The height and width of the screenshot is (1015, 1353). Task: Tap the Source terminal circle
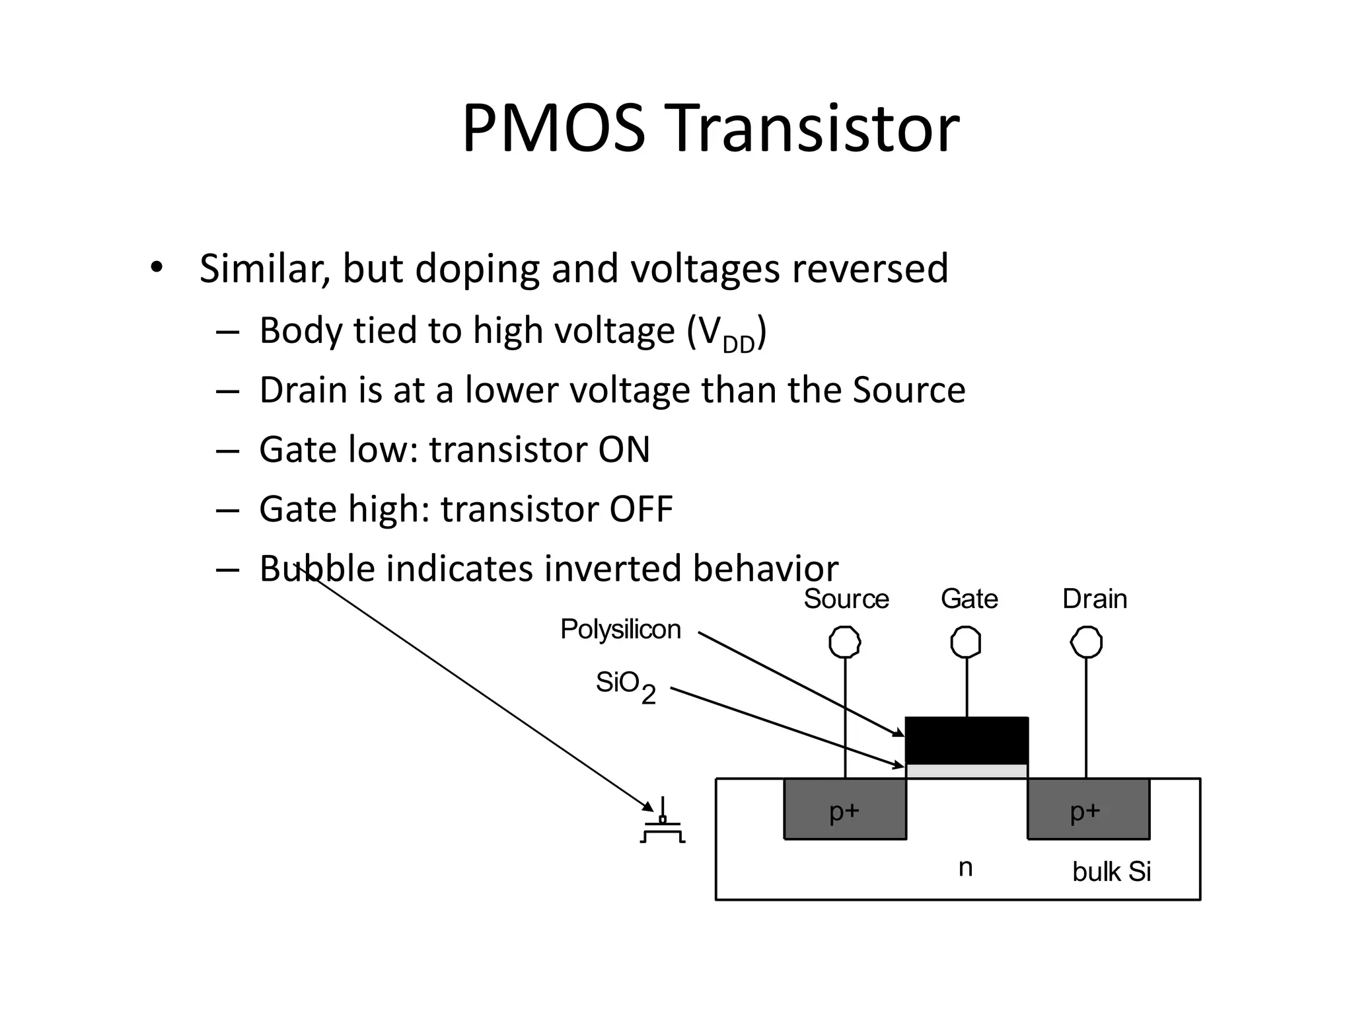[x=845, y=642]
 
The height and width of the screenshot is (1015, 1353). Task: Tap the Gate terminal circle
[x=966, y=642]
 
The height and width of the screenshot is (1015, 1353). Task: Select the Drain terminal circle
[x=1086, y=642]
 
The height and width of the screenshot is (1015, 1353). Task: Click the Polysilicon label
[x=620, y=629]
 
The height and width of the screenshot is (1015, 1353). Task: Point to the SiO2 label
[x=624, y=685]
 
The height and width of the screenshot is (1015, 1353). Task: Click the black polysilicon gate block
[x=966, y=740]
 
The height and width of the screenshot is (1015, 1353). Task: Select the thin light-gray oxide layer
[x=966, y=771]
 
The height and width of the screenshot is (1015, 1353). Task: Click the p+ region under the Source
[x=844, y=810]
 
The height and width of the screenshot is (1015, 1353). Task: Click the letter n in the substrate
[x=965, y=868]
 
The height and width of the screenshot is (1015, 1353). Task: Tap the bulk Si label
[x=1111, y=872]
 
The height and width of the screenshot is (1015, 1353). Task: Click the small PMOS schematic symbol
[x=663, y=826]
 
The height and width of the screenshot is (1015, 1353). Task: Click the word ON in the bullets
[x=624, y=449]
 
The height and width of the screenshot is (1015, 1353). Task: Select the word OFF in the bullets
[x=640, y=509]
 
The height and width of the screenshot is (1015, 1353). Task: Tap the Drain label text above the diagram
[x=1094, y=599]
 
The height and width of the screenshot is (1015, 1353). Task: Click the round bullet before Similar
[x=156, y=268]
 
